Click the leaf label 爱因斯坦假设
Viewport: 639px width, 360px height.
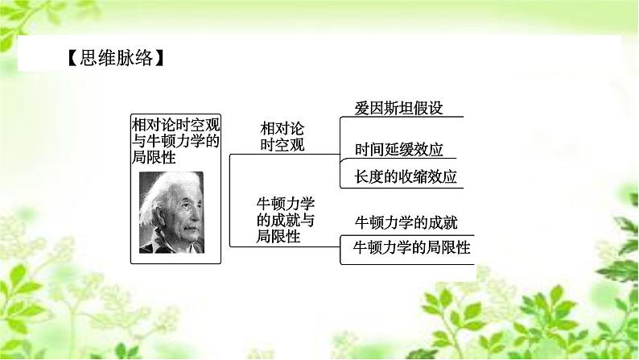(399, 108)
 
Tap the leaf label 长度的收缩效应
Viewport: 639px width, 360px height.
(406, 176)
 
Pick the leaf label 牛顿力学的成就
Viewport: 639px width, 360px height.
(406, 221)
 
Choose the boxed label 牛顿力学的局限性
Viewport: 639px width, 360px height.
(406, 248)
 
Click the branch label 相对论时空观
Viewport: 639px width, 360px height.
(283, 137)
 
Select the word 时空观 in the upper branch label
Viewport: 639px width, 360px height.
(283, 145)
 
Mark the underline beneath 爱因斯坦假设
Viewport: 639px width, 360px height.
(402, 117)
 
